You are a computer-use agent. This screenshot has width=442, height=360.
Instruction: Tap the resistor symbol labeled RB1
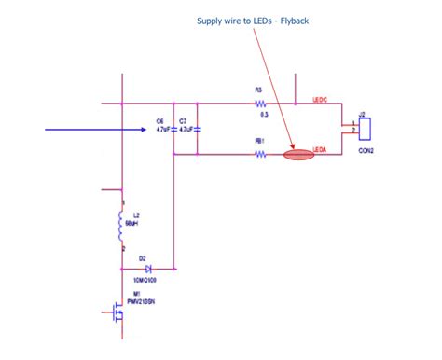click(260, 155)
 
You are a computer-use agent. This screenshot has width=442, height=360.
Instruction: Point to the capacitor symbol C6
click(174, 129)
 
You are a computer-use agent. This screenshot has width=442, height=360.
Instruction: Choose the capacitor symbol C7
click(197, 129)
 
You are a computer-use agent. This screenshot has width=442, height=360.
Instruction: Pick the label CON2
click(365, 151)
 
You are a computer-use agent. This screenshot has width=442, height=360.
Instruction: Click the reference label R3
click(258, 90)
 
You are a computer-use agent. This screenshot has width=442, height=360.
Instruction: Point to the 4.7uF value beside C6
click(161, 129)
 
